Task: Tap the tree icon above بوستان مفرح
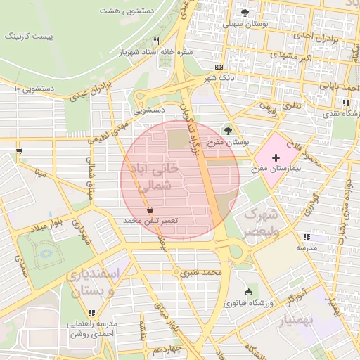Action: point(227,129)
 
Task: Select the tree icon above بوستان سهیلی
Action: point(245,13)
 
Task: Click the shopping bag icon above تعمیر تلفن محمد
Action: point(150,210)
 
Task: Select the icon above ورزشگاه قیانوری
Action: point(247,292)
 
